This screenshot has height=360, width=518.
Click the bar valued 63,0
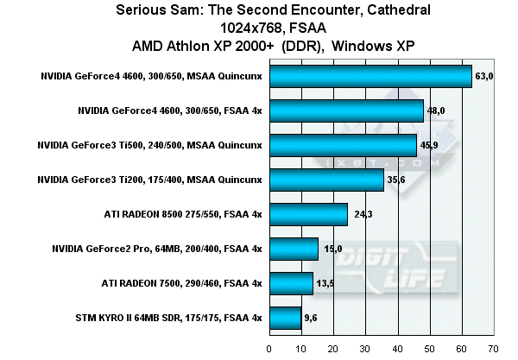pyautogui.click(x=370, y=76)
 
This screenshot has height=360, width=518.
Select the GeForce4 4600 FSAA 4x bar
pyautogui.click(x=346, y=111)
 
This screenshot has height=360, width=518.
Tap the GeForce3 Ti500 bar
pyautogui.click(x=343, y=145)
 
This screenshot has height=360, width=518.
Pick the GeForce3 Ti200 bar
pyautogui.click(x=326, y=180)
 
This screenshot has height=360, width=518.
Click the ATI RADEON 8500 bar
pyautogui.click(x=308, y=214)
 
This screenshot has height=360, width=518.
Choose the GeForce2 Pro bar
pyautogui.click(x=294, y=249)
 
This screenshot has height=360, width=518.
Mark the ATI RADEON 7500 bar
pyautogui.click(x=291, y=283)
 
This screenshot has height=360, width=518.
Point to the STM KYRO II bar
pyautogui.click(x=285, y=318)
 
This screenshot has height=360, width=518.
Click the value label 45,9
pyautogui.click(x=428, y=145)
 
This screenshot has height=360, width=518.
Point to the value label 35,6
pyautogui.click(x=396, y=180)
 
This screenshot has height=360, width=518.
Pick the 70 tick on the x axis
pyautogui.click(x=493, y=349)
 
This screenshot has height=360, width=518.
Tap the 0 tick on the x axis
pyautogui.click(x=269, y=349)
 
